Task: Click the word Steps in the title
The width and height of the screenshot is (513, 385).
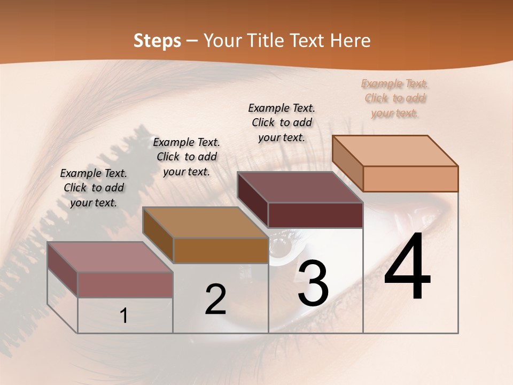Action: pyautogui.click(x=157, y=41)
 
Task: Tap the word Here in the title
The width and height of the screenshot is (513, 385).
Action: pyautogui.click(x=350, y=41)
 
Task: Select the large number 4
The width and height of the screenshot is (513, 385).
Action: pyautogui.click(x=407, y=267)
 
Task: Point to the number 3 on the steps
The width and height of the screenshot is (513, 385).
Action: pyautogui.click(x=313, y=283)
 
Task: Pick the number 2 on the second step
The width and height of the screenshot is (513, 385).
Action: pyautogui.click(x=215, y=299)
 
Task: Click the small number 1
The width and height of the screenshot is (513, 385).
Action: pyautogui.click(x=124, y=315)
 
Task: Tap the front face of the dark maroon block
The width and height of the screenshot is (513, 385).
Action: pyautogui.click(x=315, y=215)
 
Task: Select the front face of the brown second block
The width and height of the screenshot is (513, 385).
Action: pyautogui.click(x=221, y=250)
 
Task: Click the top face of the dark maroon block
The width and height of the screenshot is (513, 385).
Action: pyautogui.click(x=300, y=187)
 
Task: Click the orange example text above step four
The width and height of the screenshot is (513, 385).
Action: pyautogui.click(x=395, y=98)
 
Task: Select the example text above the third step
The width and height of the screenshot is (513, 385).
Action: pyautogui.click(x=282, y=122)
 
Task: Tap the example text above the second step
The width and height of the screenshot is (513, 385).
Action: pyautogui.click(x=186, y=157)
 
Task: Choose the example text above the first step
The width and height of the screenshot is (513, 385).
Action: pyautogui.click(x=94, y=188)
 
